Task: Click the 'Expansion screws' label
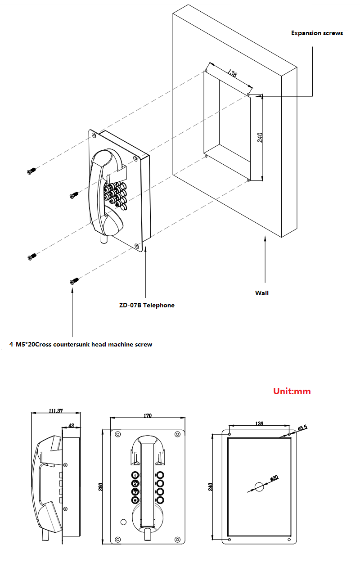[x=317, y=33]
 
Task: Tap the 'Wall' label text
[x=261, y=293]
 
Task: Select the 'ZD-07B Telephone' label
[x=146, y=305]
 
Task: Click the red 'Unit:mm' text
[x=292, y=391]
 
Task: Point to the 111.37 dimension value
[x=55, y=410]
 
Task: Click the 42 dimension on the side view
[x=71, y=425]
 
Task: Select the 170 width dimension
[x=147, y=416]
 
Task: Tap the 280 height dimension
[x=101, y=486]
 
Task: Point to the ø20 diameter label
[x=274, y=478]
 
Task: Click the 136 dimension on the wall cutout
[x=232, y=73]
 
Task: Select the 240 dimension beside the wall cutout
[x=260, y=138]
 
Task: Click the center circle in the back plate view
[x=259, y=486]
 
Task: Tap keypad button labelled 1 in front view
[x=135, y=475]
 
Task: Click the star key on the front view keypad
[x=135, y=500]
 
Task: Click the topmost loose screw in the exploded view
[x=31, y=171]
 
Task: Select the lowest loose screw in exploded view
[x=73, y=281]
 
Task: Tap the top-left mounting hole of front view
[x=118, y=434]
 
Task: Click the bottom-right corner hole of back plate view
[x=288, y=539]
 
